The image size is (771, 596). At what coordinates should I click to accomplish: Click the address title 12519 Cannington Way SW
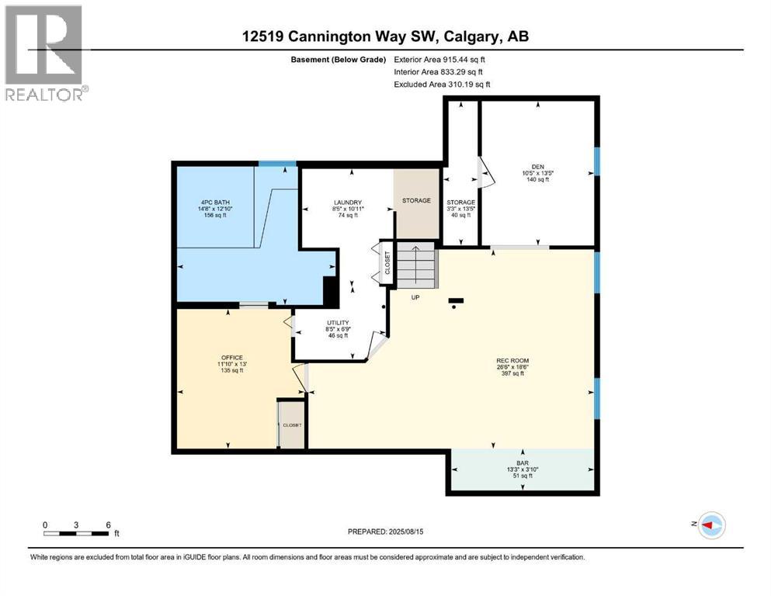coord(385,36)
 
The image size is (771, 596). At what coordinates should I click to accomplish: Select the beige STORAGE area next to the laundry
coord(416,201)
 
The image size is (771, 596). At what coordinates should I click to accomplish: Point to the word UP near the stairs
coord(415,297)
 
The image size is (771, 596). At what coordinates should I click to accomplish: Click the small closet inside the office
coord(292,424)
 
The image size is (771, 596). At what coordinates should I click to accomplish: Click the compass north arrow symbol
coord(712,526)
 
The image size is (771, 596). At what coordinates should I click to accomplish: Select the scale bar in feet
coord(76,533)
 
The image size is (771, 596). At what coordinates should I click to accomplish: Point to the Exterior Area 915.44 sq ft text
coord(443,59)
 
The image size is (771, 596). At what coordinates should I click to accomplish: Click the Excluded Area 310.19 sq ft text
coord(443,84)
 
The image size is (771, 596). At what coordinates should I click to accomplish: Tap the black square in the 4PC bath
coord(329,293)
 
